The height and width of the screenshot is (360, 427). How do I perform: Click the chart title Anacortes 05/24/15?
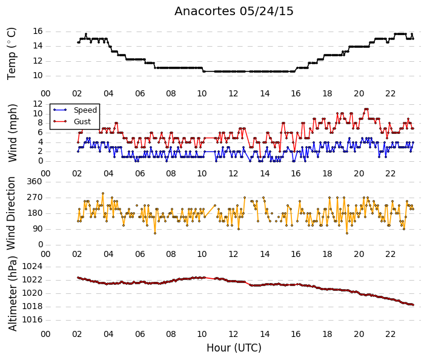pyautogui.click(x=234, y=12)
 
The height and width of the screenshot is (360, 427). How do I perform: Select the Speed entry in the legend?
pyautogui.click(x=85, y=110)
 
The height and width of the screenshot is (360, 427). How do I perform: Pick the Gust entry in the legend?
pyautogui.click(x=82, y=122)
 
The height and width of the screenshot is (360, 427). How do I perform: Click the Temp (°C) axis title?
pyautogui.click(x=12, y=54)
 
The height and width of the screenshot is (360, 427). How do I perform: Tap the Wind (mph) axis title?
pyautogui.click(x=12, y=133)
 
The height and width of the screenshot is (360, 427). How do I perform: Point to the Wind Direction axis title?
pyautogui.click(x=11, y=213)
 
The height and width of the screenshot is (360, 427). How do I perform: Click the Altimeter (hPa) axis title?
pyautogui.click(x=13, y=293)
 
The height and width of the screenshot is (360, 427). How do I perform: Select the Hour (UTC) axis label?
pyautogui.click(x=234, y=348)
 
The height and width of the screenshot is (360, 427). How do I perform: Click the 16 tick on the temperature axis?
pyautogui.click(x=38, y=32)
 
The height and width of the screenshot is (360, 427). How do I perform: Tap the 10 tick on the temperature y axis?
pyautogui.click(x=38, y=76)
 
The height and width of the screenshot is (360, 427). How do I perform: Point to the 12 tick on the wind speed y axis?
pyautogui.click(x=38, y=104)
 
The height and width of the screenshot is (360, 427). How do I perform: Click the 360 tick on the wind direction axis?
pyautogui.click(x=35, y=181)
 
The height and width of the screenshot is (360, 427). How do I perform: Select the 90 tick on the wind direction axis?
pyautogui.click(x=37, y=228)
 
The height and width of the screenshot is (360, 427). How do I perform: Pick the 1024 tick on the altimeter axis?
pyautogui.click(x=32, y=266)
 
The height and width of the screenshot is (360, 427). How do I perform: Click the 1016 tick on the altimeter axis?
pyautogui.click(x=32, y=319)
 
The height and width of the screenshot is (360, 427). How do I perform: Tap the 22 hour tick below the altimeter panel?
pyautogui.click(x=390, y=334)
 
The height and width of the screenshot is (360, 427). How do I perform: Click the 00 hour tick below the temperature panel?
pyautogui.click(x=45, y=94)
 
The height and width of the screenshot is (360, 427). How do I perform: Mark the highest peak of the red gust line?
pyautogui.click(x=366, y=109)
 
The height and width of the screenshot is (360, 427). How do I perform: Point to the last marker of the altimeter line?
pyautogui.click(x=413, y=305)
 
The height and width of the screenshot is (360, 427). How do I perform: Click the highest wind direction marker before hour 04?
pyautogui.click(x=103, y=193)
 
